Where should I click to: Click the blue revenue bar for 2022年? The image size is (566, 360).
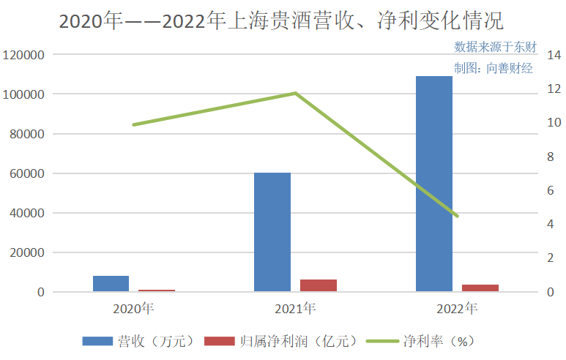[x=434, y=184]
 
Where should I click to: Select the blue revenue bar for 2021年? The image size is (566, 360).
[x=272, y=232]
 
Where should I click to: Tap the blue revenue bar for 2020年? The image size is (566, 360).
[x=111, y=284]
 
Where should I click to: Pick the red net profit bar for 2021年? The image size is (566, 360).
[x=319, y=285]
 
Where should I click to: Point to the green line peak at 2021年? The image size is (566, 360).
[x=295, y=93]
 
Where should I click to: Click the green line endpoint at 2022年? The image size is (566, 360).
[x=457, y=216]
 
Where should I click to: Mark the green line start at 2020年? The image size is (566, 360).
[x=133, y=124]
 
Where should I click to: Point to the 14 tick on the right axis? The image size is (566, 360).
[x=547, y=55]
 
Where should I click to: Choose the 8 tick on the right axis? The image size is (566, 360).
[x=547, y=157]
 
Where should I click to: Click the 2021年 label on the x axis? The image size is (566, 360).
[x=295, y=308]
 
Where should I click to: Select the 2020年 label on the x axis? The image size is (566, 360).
[x=133, y=308]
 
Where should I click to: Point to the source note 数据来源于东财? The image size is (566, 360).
[x=495, y=47]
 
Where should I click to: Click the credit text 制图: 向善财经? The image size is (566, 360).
[x=493, y=69]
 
